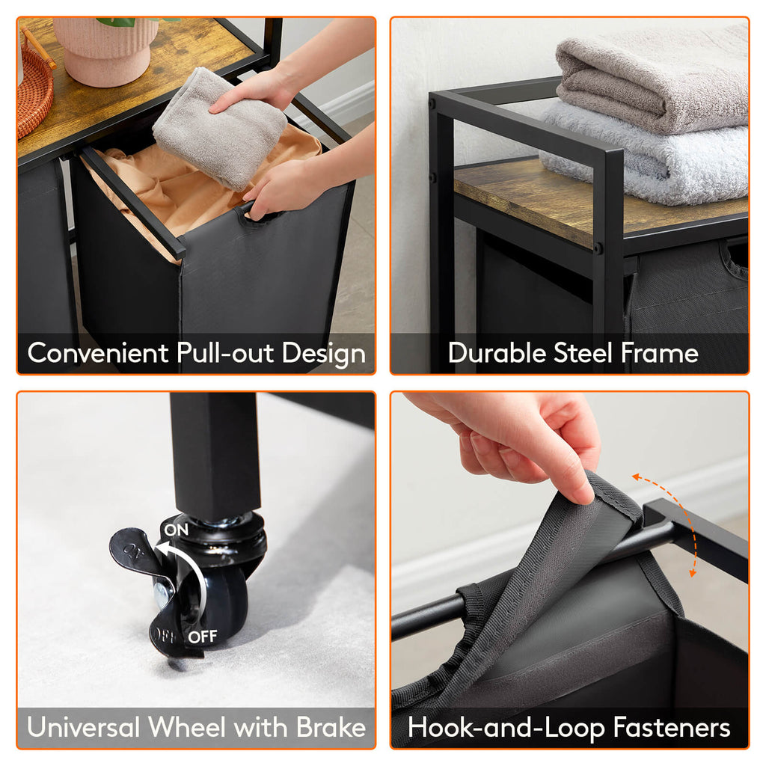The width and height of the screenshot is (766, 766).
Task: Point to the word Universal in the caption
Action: pos(83,727)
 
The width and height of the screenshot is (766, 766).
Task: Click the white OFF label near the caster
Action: pos(202,637)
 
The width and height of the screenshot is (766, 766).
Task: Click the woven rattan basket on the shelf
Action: pos(34,86)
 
